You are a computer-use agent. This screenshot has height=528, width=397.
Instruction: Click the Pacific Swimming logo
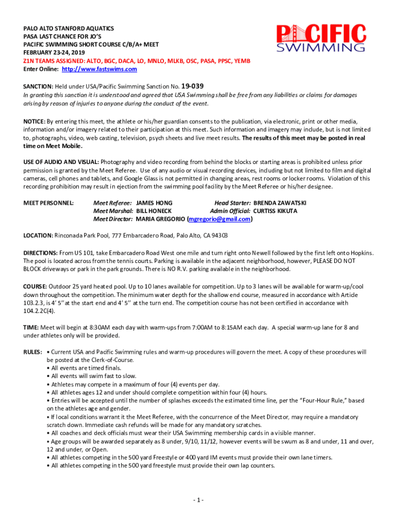(x=321, y=39)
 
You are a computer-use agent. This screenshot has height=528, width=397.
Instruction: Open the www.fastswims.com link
(x=100, y=69)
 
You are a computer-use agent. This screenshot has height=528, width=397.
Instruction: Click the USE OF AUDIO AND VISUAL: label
(x=61, y=162)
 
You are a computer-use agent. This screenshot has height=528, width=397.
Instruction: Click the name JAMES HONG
(x=154, y=203)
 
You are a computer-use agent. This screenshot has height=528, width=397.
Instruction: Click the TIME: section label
(x=30, y=327)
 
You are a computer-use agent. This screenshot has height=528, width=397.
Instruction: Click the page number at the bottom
(x=198, y=500)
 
